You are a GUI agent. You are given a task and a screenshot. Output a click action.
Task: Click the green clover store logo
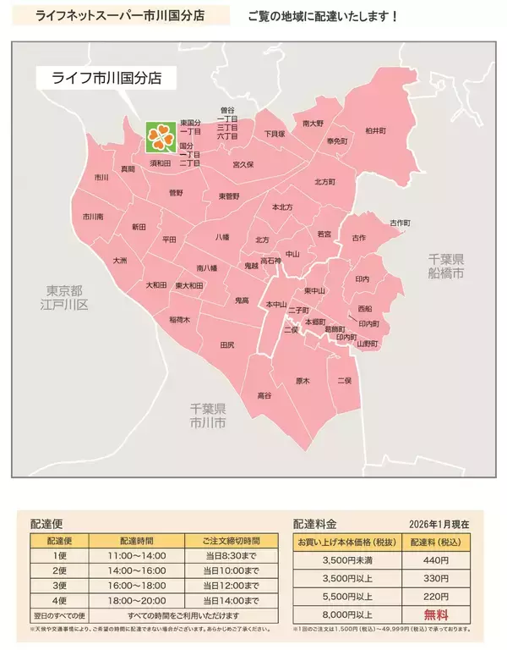coord(161,135)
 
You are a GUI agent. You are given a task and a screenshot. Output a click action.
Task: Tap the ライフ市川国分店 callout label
coord(107,79)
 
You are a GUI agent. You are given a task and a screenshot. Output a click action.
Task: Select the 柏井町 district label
coord(375,131)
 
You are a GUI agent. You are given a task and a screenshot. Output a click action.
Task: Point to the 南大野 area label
coord(313,124)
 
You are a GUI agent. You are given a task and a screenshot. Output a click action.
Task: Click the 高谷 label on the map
coord(264,395)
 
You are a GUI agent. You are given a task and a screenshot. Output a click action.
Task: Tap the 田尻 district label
coord(227,345)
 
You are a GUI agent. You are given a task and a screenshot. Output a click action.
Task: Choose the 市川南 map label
coord(93,217)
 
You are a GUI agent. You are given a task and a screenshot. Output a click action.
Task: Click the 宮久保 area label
coord(243,164)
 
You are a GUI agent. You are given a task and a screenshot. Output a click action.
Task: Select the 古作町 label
coord(399,223)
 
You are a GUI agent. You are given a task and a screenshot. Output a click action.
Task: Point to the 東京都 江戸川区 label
coord(67,297)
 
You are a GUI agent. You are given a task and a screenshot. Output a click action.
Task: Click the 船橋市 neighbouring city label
coord(446,267)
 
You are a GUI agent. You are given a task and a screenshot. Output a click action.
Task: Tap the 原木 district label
coord(303,382)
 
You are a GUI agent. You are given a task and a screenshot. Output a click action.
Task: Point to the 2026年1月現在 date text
coord(445,524)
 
